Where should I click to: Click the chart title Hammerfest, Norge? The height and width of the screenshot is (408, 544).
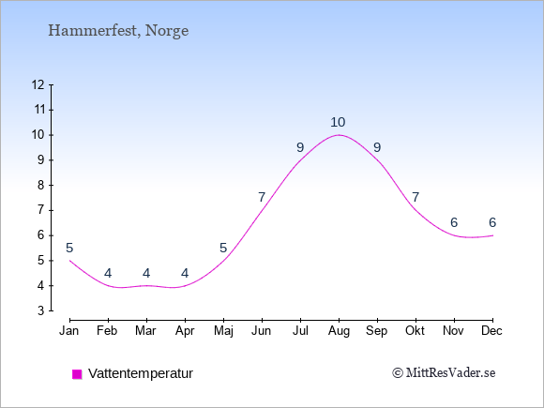point(118,31)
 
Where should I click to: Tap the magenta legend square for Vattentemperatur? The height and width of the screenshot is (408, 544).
point(77,374)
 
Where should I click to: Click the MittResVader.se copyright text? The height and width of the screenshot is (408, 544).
point(444,373)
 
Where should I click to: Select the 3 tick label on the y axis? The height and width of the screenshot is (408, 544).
point(41,310)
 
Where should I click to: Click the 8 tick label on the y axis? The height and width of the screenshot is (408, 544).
point(41,186)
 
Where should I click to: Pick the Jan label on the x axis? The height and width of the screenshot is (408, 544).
point(69,331)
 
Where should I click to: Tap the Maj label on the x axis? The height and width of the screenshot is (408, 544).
point(223,331)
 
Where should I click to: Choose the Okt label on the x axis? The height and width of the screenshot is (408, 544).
point(415,331)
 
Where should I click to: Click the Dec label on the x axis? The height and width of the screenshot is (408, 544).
point(491,331)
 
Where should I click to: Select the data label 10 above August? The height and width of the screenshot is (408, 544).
point(338,122)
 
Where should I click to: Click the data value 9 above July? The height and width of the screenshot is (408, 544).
point(300,148)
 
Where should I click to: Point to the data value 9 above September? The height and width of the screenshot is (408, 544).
point(377,148)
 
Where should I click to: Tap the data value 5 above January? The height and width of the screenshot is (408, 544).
point(69,248)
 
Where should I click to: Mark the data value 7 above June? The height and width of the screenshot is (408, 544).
point(262,197)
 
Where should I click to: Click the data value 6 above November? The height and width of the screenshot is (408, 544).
point(454,222)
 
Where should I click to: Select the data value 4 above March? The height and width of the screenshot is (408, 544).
point(146,273)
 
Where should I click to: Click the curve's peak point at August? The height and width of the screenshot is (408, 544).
point(339,135)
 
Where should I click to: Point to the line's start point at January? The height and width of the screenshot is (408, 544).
point(69,260)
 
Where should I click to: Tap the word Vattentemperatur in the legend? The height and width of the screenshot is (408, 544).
point(141,373)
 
